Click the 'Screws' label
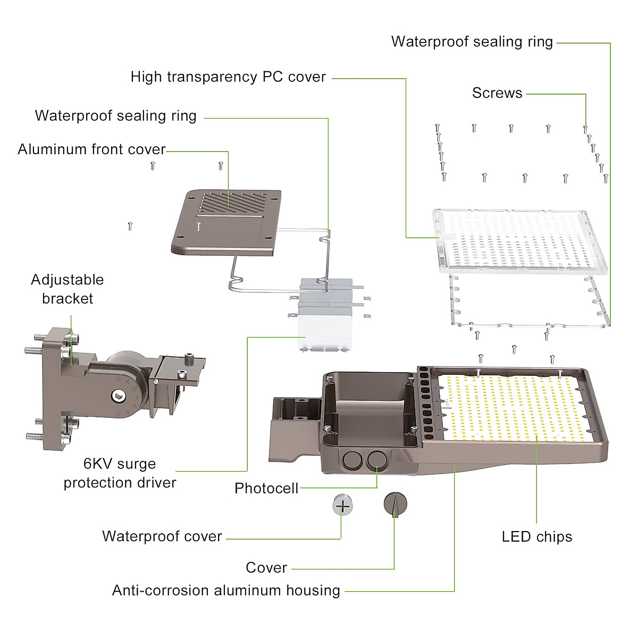point(497,93)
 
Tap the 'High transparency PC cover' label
point(228,77)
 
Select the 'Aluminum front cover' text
point(91,149)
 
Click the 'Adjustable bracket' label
point(68,289)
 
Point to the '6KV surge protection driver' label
point(120,473)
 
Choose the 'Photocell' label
point(266,488)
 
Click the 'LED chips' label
point(537,537)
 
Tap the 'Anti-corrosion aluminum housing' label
point(226,591)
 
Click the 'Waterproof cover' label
point(162,536)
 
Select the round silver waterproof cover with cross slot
point(342,505)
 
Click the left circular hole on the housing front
point(352,460)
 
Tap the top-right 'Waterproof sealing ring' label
point(472,42)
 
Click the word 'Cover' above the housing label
point(266,568)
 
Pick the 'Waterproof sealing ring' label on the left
point(115,116)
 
